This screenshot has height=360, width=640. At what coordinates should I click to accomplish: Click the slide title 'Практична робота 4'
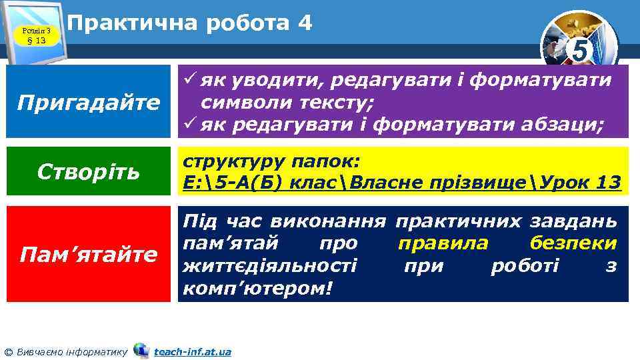(x=190, y=23)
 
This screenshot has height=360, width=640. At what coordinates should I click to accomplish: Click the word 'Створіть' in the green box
(x=89, y=171)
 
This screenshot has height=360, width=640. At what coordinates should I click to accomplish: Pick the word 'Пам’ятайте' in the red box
(x=89, y=254)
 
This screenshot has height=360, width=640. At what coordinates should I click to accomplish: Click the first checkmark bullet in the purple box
(x=190, y=81)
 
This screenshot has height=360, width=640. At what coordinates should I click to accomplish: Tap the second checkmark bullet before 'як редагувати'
(x=190, y=124)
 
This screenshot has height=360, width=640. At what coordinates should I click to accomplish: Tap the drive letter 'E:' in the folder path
(x=194, y=182)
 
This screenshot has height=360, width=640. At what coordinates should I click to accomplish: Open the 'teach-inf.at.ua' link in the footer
(x=192, y=351)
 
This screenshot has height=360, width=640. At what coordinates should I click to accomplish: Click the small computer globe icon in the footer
(x=141, y=350)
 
